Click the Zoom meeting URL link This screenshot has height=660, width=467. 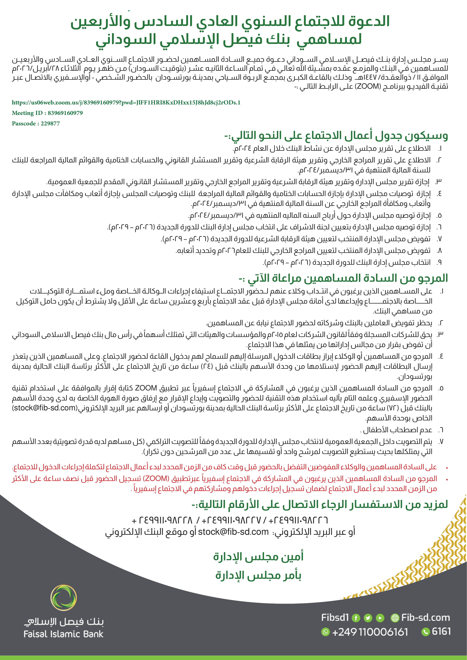click(x=126, y=102)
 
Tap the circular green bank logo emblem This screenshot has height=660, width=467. click(x=63, y=598)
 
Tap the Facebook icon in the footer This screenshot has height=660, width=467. click(x=356, y=618)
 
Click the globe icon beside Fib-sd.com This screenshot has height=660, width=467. click(x=395, y=618)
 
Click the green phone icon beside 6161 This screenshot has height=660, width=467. click(x=425, y=632)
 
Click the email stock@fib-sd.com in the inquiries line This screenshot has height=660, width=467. click(x=233, y=532)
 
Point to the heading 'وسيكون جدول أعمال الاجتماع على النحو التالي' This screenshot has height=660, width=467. click(x=336, y=135)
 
